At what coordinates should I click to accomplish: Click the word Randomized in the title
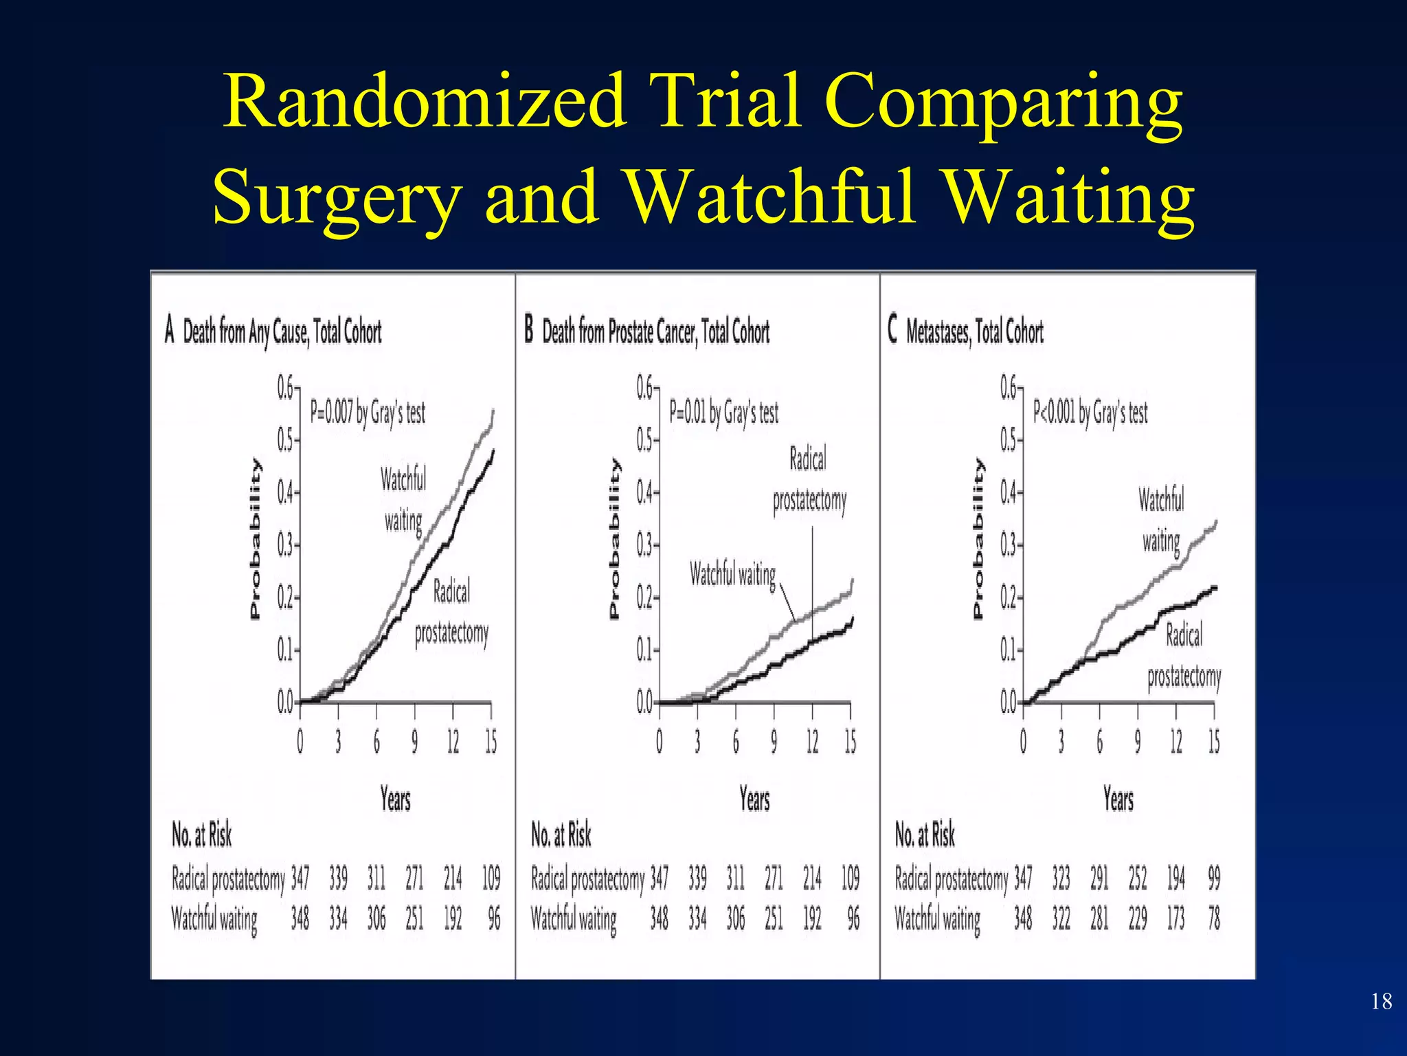click(x=425, y=102)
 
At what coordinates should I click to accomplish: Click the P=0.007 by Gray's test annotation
click(x=368, y=412)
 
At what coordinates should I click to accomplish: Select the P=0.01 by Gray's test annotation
click(x=723, y=412)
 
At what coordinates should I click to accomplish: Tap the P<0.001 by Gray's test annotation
click(x=1090, y=412)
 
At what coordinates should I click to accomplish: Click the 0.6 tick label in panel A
click(x=285, y=388)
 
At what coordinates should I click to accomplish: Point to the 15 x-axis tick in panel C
click(x=1214, y=742)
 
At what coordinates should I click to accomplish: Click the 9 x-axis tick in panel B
click(x=774, y=742)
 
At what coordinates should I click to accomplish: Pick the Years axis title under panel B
click(x=754, y=800)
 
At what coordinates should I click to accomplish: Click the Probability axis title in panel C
click(x=978, y=539)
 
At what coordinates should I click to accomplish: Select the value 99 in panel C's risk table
click(x=1214, y=878)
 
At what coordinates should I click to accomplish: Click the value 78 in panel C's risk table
click(x=1214, y=918)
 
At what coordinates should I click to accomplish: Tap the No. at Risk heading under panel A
click(x=201, y=835)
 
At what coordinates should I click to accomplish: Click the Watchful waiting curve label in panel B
click(x=732, y=574)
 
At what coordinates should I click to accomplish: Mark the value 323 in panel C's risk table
click(x=1061, y=878)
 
